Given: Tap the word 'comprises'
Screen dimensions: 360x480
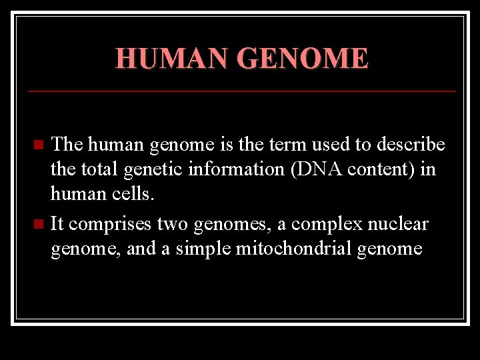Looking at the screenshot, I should [x=111, y=225].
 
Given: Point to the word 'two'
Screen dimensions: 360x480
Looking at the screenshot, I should [x=171, y=225].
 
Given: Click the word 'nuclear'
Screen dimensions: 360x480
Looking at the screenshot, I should [x=398, y=225].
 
